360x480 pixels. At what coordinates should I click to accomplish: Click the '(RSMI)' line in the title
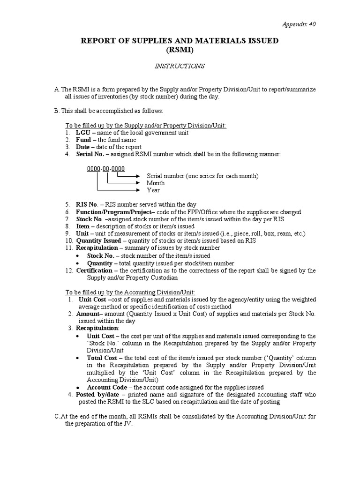click(x=180, y=50)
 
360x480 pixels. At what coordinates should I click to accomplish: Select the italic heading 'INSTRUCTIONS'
click(x=180, y=66)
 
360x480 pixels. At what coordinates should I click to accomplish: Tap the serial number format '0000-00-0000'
click(x=105, y=168)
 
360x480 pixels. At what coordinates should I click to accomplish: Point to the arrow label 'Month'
click(x=156, y=183)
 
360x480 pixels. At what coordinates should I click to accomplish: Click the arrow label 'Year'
click(x=153, y=190)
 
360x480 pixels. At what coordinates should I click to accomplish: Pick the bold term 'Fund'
click(x=83, y=140)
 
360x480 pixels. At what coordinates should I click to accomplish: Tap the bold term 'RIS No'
click(x=87, y=205)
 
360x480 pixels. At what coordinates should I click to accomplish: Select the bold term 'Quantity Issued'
click(x=98, y=241)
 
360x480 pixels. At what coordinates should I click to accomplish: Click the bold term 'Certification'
click(x=94, y=270)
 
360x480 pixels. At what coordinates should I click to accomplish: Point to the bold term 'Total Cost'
click(x=102, y=358)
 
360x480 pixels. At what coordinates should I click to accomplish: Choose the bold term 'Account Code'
click(x=107, y=387)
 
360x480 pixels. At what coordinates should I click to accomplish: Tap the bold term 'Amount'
click(x=89, y=314)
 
